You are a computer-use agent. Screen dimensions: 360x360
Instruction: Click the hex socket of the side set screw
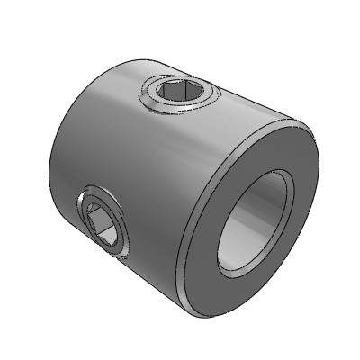[103, 222]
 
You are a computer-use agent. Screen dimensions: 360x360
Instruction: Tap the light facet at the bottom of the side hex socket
[106, 236]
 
